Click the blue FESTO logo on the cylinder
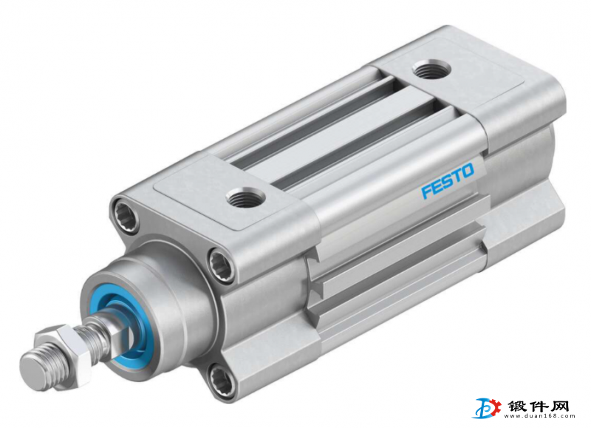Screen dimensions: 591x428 point(448,180)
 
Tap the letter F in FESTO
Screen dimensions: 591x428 point(426,191)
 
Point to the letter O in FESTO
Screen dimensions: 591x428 point(467,171)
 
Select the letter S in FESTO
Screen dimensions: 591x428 point(446,181)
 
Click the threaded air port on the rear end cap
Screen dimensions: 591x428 point(431,70)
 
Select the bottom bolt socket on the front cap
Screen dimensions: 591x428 point(221,378)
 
